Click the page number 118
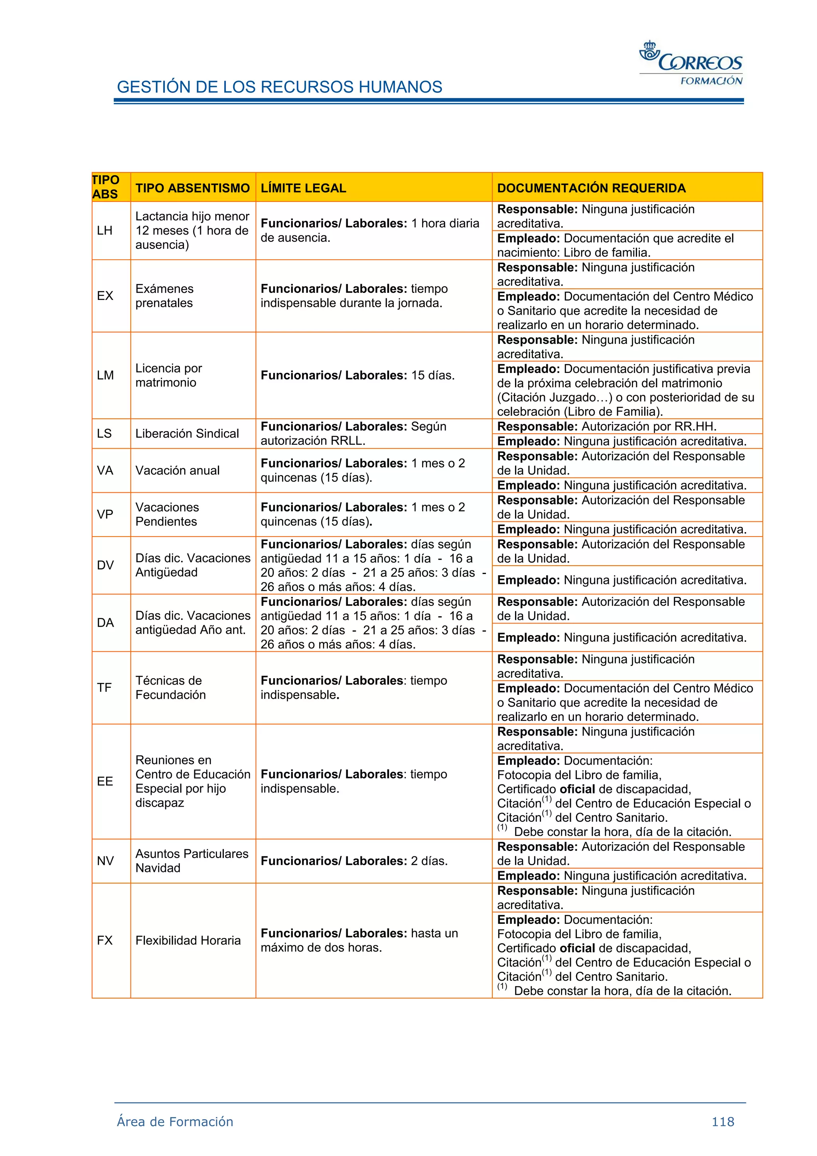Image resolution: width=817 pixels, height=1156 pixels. tap(722, 1121)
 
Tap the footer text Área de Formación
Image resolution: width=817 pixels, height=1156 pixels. tap(175, 1121)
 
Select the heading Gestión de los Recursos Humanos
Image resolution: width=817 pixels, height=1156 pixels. tap(279, 87)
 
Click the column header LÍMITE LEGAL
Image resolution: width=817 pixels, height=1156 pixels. tap(303, 188)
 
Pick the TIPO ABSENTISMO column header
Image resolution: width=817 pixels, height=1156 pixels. tap(192, 188)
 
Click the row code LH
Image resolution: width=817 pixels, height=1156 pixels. tap(105, 231)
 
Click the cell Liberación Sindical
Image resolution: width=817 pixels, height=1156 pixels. tap(187, 434)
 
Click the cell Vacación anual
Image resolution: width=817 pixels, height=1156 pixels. tap(177, 470)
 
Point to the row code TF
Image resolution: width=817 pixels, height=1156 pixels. tap(104, 687)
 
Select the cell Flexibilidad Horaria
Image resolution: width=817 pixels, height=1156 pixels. tap(188, 940)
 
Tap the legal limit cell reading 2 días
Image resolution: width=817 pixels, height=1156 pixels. tap(353, 860)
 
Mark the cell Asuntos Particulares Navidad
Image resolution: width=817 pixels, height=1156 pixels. tap(191, 860)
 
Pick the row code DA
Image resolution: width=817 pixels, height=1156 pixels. tap(105, 623)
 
